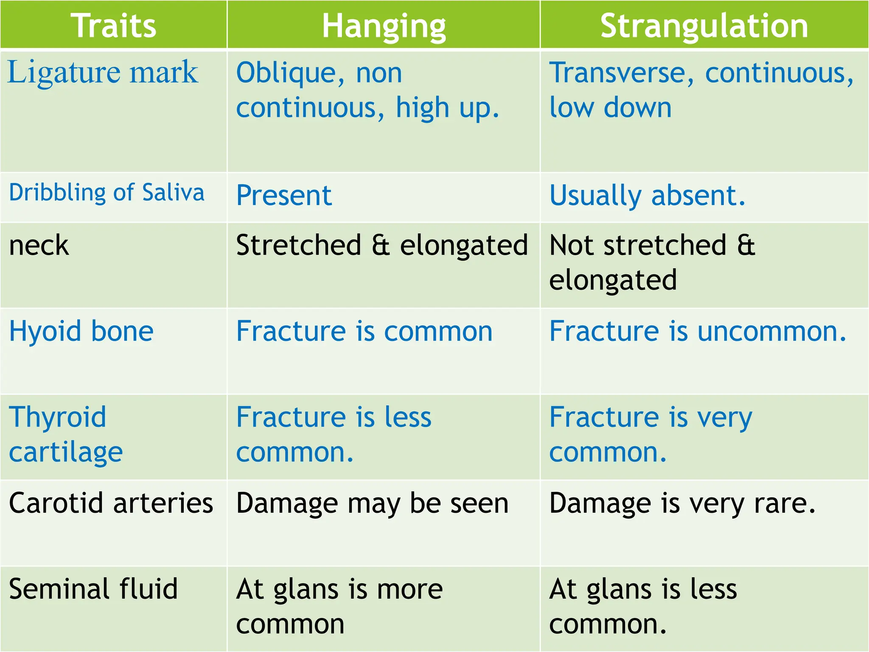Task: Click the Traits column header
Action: click(113, 25)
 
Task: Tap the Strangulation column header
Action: click(704, 25)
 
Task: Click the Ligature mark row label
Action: click(103, 72)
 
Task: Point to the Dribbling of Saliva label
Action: click(107, 193)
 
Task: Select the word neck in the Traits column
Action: click(39, 245)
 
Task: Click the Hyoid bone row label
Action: click(81, 331)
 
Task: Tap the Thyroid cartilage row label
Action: click(66, 434)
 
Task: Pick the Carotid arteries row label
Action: click(111, 503)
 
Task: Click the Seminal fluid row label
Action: click(93, 589)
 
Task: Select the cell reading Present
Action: click(284, 196)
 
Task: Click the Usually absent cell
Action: click(647, 196)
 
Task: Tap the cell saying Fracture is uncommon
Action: click(697, 331)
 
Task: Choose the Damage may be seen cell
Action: click(372, 504)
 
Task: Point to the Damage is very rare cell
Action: click(682, 504)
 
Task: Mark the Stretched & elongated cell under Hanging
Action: click(382, 245)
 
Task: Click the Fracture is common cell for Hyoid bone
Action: click(364, 331)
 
